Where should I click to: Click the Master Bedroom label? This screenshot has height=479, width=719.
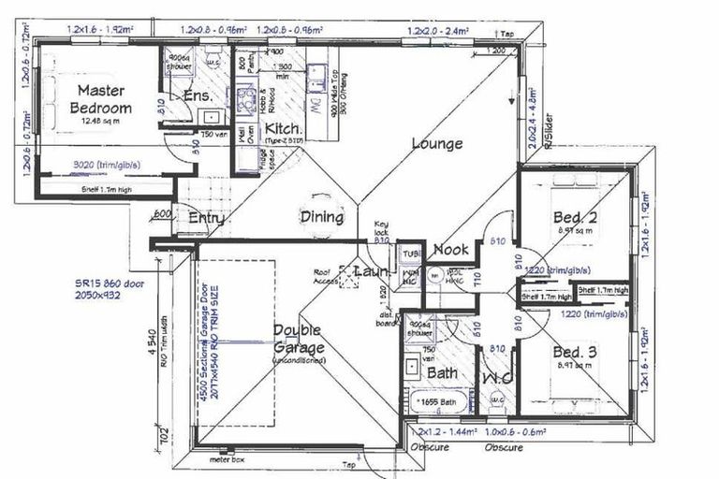(x=101, y=99)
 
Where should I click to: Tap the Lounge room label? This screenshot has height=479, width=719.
(x=436, y=144)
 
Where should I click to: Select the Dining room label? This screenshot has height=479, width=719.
(x=321, y=217)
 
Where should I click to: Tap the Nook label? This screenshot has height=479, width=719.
(x=450, y=250)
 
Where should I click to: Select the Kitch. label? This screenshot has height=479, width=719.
(x=282, y=128)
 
